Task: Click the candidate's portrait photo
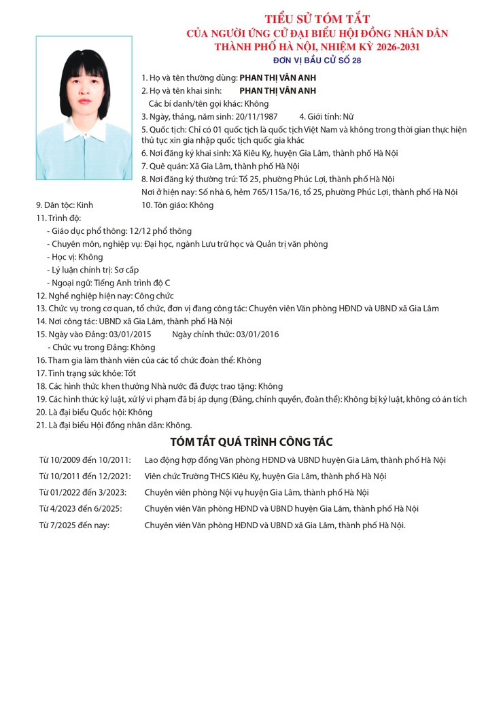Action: pyautogui.click(x=84, y=107)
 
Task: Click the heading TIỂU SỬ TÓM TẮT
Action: pyautogui.click(x=317, y=19)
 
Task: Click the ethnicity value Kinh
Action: pyautogui.click(x=85, y=205)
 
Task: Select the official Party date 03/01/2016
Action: pyautogui.click(x=257, y=334)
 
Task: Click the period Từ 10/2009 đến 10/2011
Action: pyautogui.click(x=85, y=460)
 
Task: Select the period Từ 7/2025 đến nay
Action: pyautogui.click(x=74, y=525)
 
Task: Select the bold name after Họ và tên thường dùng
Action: pyautogui.click(x=277, y=78)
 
